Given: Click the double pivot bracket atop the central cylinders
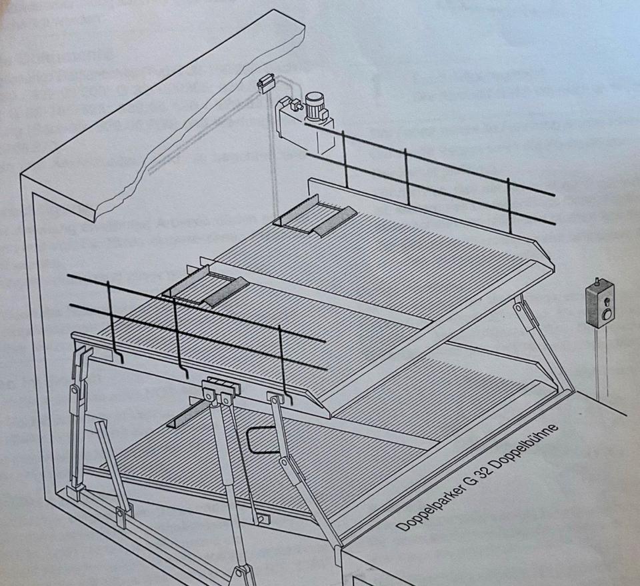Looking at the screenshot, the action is [x=221, y=388].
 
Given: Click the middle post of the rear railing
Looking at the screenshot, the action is [x=407, y=176].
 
